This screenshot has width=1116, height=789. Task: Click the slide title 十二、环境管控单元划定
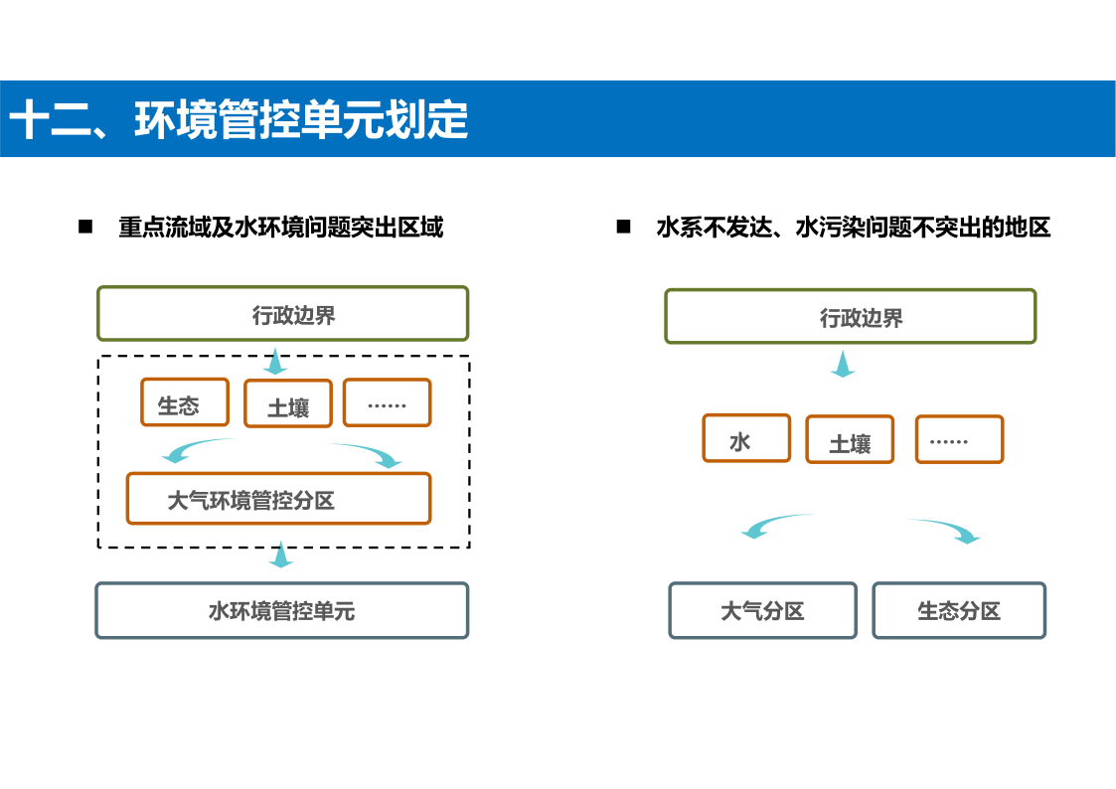[x=239, y=119]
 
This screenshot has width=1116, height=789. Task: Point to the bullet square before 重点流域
[x=85, y=227]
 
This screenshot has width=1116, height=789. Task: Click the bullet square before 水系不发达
[x=623, y=227]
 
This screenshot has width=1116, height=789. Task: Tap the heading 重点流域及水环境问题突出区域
[x=281, y=228]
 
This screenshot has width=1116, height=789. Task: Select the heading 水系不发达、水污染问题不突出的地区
[x=854, y=228]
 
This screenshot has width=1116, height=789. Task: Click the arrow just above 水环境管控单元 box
[x=281, y=554]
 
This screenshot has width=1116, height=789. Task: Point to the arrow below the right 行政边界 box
[x=843, y=364]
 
